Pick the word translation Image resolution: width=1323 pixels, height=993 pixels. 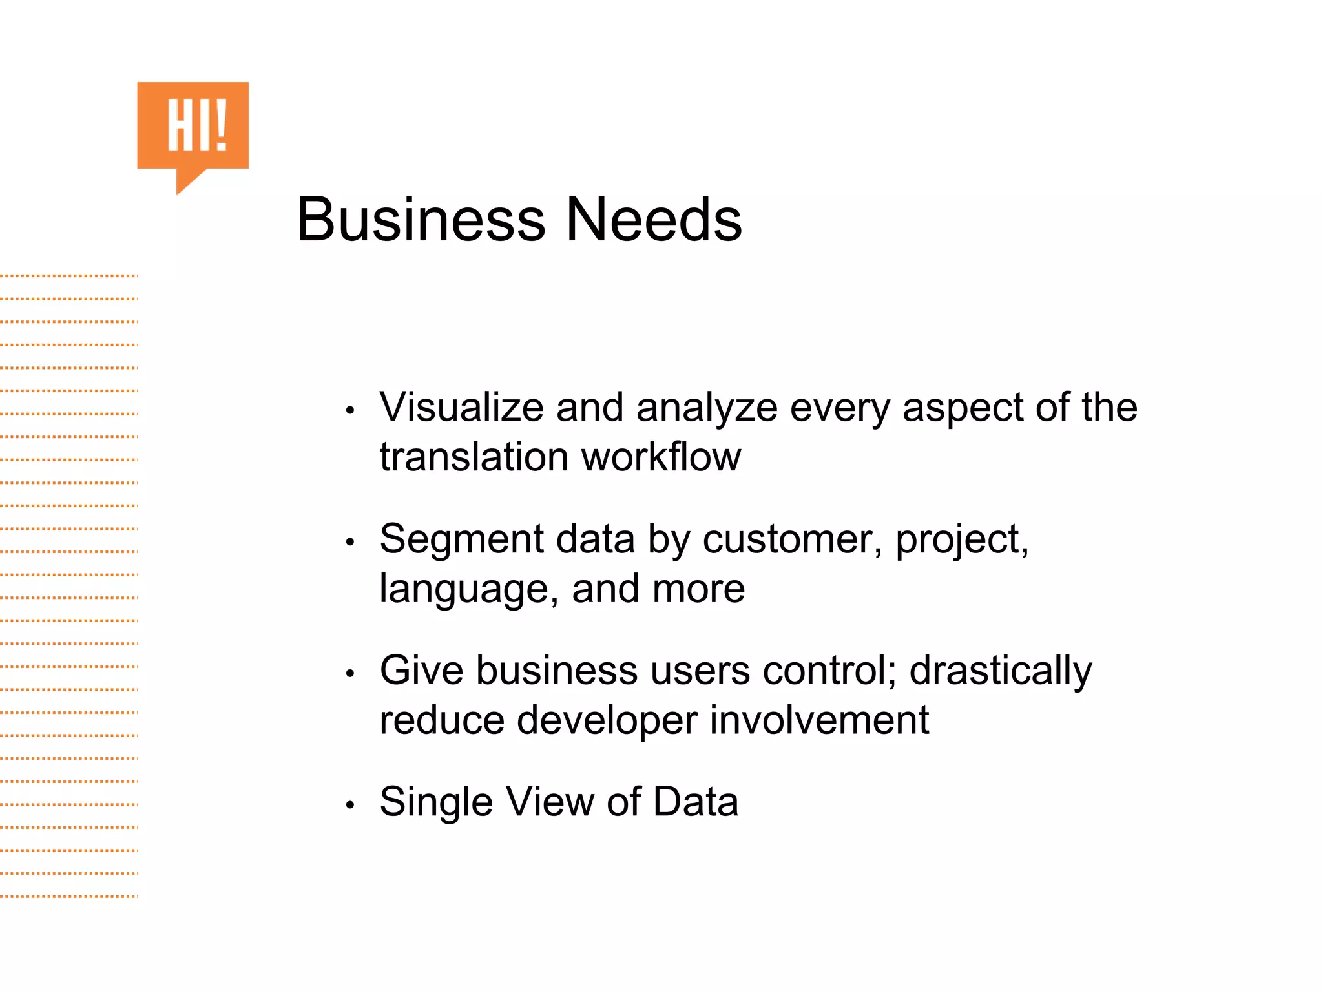(x=474, y=457)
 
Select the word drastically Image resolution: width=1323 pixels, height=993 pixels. (x=1001, y=672)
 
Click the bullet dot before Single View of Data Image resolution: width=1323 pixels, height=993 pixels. (x=350, y=805)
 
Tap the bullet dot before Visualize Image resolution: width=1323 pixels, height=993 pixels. (x=350, y=410)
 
